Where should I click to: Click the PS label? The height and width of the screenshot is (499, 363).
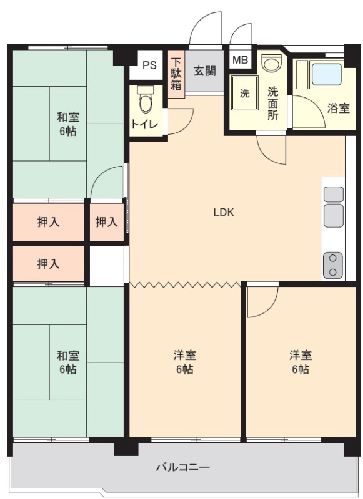pyautogui.click(x=149, y=65)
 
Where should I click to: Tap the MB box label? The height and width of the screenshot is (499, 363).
pyautogui.click(x=241, y=59)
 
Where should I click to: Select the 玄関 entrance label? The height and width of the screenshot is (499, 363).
pyautogui.click(x=204, y=70)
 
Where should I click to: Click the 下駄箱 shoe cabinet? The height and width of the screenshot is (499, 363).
pyautogui.click(x=176, y=74)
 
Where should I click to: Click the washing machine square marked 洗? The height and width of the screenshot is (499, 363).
pyautogui.click(x=244, y=93)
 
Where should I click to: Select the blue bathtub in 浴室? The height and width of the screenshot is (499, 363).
pyautogui.click(x=327, y=74)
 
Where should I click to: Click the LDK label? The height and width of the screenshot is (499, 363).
pyautogui.click(x=224, y=212)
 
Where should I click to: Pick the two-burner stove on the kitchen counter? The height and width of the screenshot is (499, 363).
pyautogui.click(x=333, y=264)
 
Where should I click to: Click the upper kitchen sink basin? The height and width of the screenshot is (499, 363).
pyautogui.click(x=334, y=195)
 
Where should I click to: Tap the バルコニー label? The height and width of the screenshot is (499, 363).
pyautogui.click(x=183, y=467)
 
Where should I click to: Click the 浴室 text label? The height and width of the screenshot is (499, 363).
pyautogui.click(x=338, y=109)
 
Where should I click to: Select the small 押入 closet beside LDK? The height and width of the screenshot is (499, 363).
pyautogui.click(x=106, y=222)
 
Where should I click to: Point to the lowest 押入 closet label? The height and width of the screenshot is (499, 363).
pyautogui.click(x=49, y=264)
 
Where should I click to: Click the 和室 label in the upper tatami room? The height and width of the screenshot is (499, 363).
pyautogui.click(x=68, y=117)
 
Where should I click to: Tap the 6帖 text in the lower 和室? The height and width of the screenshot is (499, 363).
pyautogui.click(x=68, y=369)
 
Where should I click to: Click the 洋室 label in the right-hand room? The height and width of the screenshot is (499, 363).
pyautogui.click(x=301, y=354)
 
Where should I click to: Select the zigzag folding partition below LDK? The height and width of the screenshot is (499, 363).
pyautogui.click(x=185, y=284)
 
